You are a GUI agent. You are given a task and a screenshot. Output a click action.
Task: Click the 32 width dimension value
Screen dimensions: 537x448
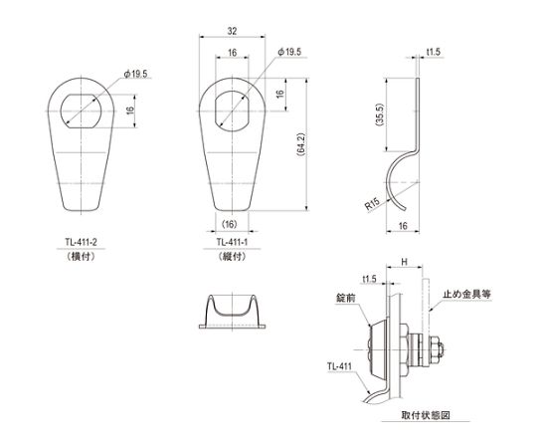[232, 31]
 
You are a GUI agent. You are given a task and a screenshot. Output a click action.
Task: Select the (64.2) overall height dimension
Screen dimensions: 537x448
[301, 144]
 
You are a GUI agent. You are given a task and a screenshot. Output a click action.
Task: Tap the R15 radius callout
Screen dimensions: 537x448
[372, 204]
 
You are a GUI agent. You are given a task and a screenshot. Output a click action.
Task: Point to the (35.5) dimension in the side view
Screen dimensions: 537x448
[380, 114]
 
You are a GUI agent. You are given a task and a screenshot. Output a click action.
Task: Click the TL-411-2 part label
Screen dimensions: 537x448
[82, 242]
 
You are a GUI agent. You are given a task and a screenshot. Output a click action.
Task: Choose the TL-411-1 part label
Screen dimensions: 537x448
[232, 242]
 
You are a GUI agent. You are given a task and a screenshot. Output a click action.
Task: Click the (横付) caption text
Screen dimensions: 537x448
[81, 256]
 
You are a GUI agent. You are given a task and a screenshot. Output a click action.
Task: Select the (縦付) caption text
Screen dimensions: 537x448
[232, 256]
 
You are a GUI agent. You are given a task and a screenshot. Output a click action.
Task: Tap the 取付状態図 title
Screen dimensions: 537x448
[426, 415]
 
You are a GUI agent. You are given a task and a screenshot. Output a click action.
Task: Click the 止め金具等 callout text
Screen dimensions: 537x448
[467, 294]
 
